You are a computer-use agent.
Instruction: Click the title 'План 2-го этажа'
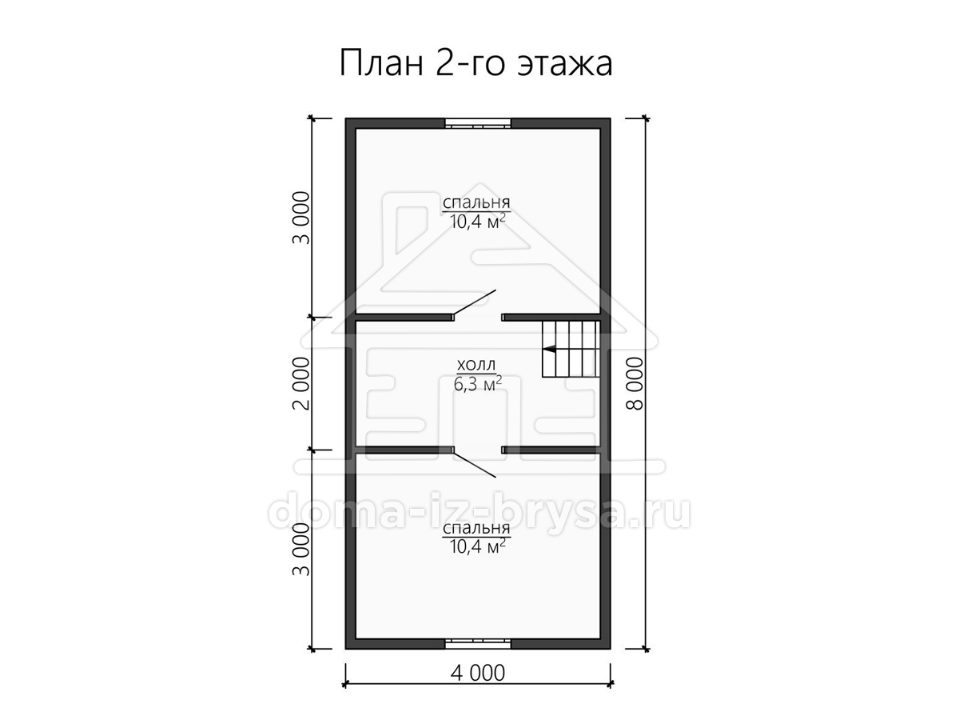pyautogui.click(x=476, y=64)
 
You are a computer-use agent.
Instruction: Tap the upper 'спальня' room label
pyautogui.click(x=476, y=203)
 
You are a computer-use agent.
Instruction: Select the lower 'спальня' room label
pyautogui.click(x=476, y=529)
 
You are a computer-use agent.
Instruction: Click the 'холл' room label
pyautogui.click(x=476, y=365)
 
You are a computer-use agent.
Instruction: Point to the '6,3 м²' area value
pyautogui.click(x=478, y=384)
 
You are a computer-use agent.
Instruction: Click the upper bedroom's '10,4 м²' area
pyautogui.click(x=478, y=222)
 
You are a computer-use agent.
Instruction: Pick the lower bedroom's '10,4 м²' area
pyautogui.click(x=478, y=546)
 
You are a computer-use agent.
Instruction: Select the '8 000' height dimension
pyautogui.click(x=635, y=383)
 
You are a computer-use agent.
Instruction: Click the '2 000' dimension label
pyautogui.click(x=301, y=383)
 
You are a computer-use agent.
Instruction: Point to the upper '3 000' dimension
pyautogui.click(x=301, y=218)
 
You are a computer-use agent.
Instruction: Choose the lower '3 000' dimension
pyautogui.click(x=301, y=549)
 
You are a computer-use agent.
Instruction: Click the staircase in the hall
pyautogui.click(x=571, y=349)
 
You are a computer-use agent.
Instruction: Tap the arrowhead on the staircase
pyautogui.click(x=549, y=349)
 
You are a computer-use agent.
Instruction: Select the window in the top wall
pyautogui.click(x=478, y=123)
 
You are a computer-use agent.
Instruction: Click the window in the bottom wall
pyautogui.click(x=478, y=643)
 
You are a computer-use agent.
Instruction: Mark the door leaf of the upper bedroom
pyautogui.click(x=475, y=302)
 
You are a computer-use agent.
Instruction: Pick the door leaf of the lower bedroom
pyautogui.click(x=475, y=465)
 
